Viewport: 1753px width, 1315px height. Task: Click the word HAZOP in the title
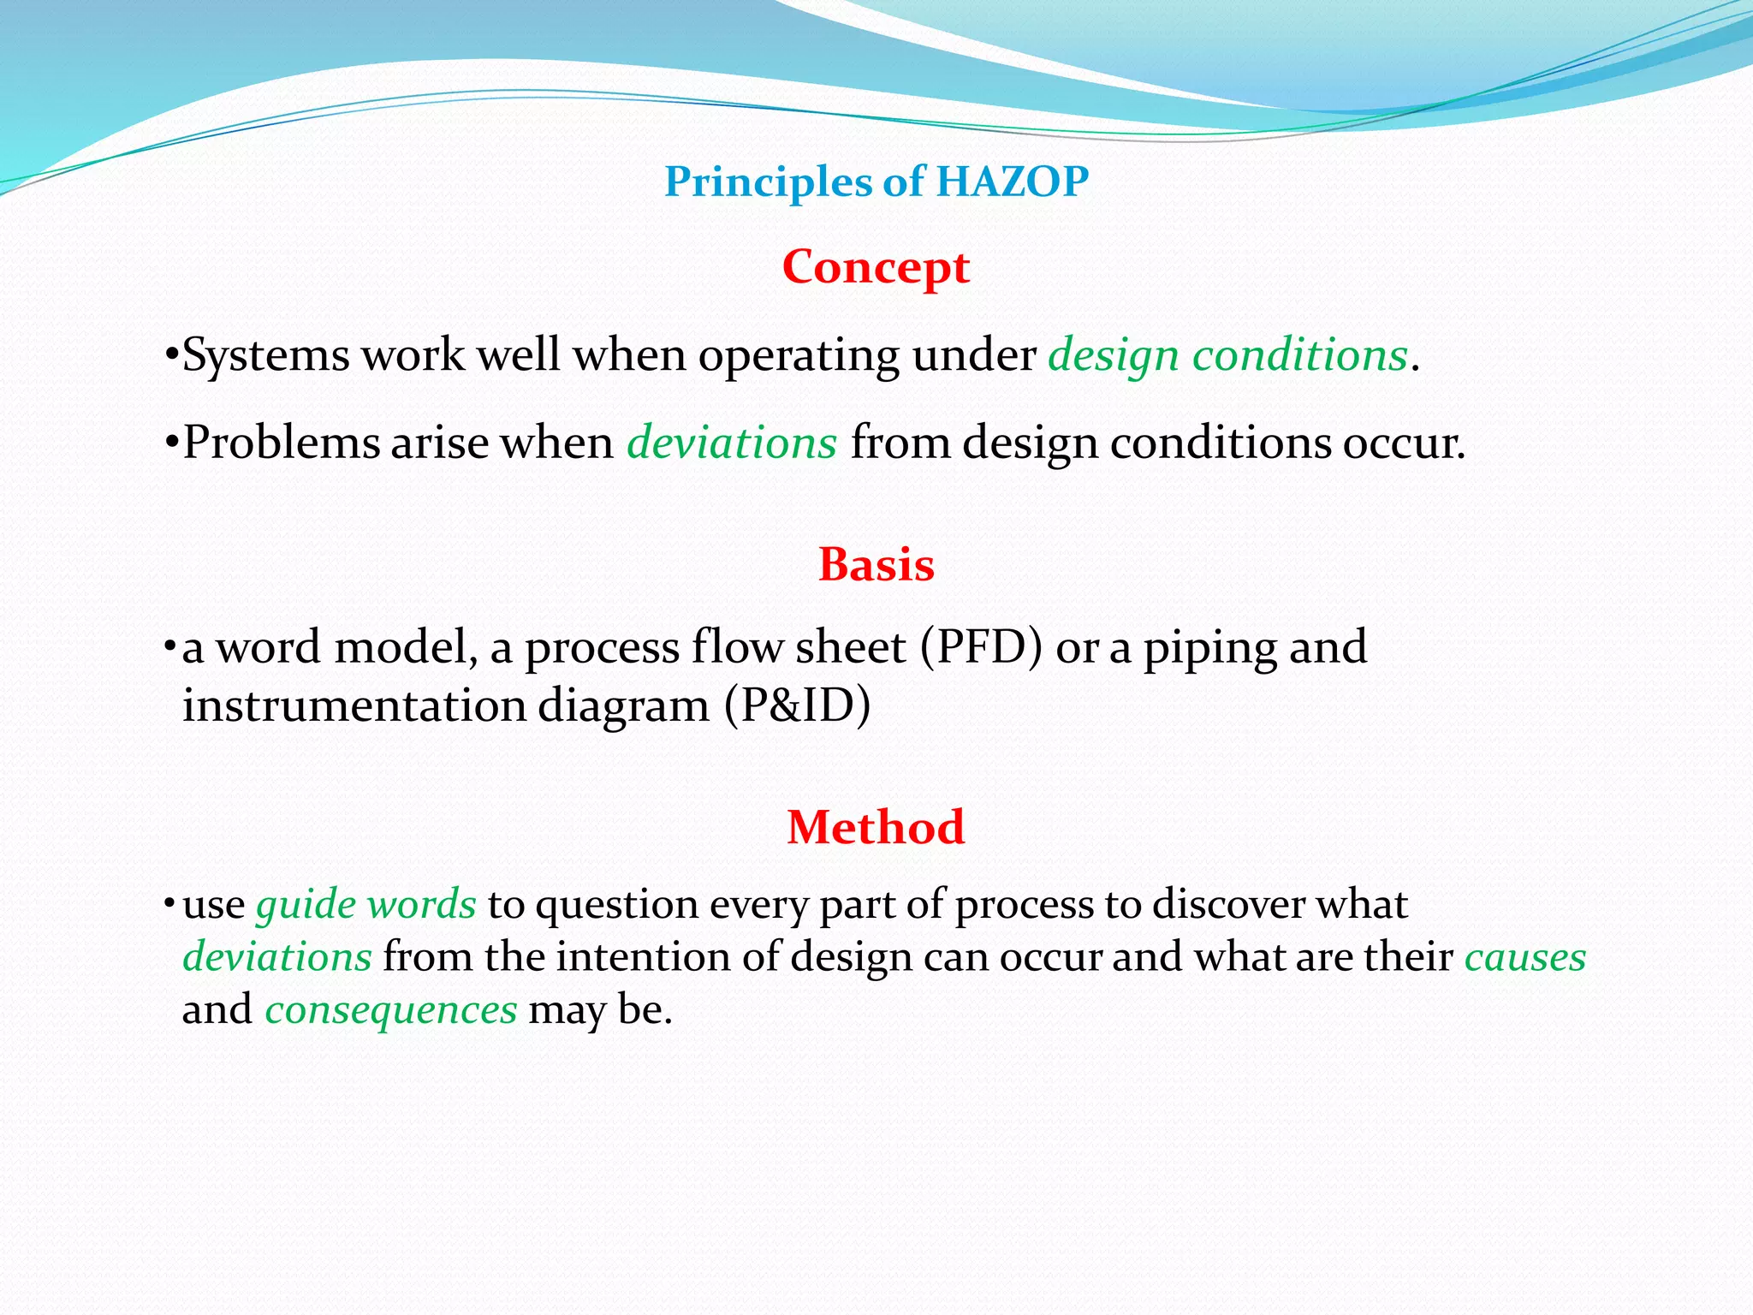pos(1012,181)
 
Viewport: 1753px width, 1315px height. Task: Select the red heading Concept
pos(876,267)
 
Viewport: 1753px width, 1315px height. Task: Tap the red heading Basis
pos(876,565)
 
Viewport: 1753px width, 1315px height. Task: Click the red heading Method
pos(876,828)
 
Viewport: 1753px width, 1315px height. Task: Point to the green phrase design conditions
pos(1228,355)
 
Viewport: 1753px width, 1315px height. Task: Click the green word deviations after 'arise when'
pos(732,443)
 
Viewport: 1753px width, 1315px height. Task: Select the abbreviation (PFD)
pos(981,647)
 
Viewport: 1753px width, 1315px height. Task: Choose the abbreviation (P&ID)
pos(798,706)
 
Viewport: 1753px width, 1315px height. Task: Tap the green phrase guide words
pos(366,905)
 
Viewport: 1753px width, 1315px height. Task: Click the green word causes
pos(1525,957)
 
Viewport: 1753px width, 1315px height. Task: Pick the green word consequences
pos(391,1010)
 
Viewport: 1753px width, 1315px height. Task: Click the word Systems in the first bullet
pos(265,355)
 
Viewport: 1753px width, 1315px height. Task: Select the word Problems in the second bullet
pos(282,443)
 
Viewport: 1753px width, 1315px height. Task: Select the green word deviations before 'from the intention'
pos(277,957)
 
